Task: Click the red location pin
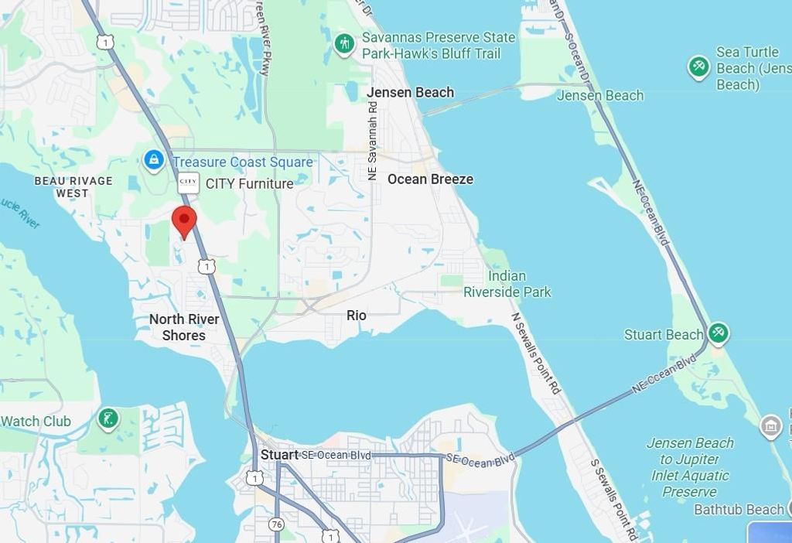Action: click(184, 221)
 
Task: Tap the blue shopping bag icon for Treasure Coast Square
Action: click(153, 161)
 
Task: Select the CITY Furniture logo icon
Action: click(188, 183)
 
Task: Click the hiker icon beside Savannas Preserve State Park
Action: click(344, 44)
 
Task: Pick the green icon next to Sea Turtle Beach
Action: click(699, 67)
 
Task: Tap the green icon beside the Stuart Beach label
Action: click(719, 333)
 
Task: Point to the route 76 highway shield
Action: click(277, 524)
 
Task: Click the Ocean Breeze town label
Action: click(430, 179)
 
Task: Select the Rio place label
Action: click(357, 315)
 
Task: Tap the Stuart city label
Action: click(279, 455)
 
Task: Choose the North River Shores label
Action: click(184, 327)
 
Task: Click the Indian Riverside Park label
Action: click(507, 284)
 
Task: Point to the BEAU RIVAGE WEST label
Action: click(73, 186)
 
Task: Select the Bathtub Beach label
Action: click(739, 509)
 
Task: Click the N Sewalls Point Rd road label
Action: click(535, 354)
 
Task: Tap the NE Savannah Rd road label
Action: click(373, 139)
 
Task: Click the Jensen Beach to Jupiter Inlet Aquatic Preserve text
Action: click(690, 467)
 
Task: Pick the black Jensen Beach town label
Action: click(410, 92)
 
